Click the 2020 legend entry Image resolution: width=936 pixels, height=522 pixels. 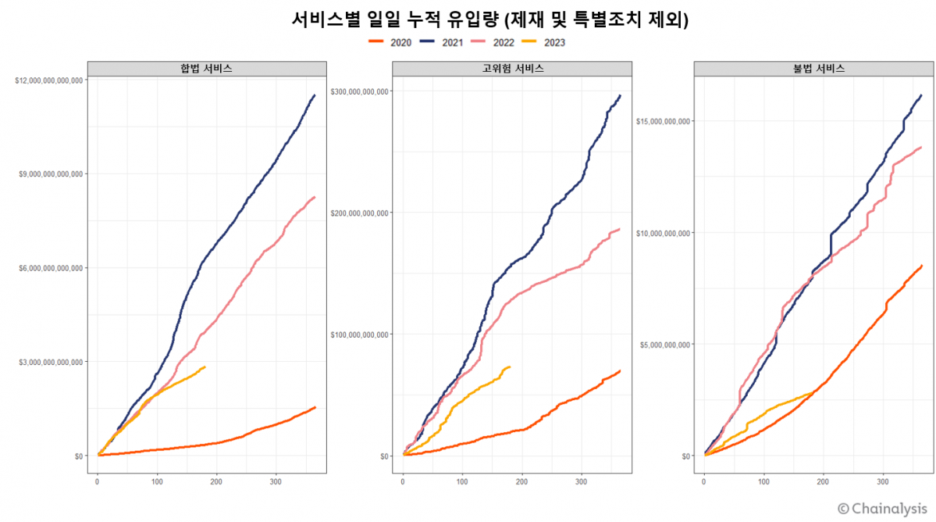coord(390,42)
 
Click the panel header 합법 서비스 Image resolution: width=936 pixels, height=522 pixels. coord(206,69)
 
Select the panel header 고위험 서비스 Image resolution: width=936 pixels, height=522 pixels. coord(512,69)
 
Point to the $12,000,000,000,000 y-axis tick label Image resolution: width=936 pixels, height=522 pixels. coord(48,80)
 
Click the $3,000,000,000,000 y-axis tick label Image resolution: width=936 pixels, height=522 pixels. coord(50,362)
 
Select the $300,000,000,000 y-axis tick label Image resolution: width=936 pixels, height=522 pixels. coord(360,91)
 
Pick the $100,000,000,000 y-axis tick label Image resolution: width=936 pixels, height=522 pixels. coord(360,334)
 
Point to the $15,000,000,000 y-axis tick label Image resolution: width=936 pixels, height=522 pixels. coord(663,121)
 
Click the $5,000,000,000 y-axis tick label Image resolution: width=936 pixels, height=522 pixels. coord(665,345)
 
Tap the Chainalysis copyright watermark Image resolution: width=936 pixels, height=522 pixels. coord(882,508)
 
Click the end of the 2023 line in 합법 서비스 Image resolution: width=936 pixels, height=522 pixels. coord(205,366)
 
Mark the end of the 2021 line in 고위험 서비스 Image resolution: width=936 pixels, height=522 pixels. coord(620,95)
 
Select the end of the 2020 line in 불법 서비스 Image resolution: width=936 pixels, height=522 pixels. coord(922,266)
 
